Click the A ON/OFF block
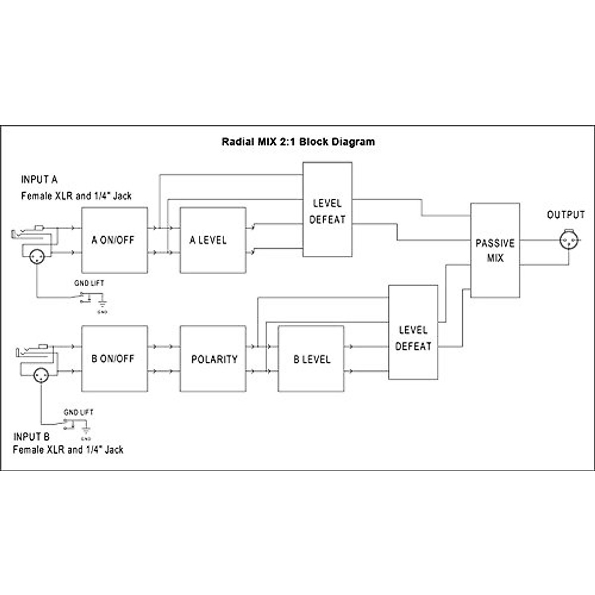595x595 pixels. pos(114,240)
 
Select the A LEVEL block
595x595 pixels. pos(212,240)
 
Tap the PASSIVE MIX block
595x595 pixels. pos(495,250)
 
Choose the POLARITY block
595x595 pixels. pos(213,358)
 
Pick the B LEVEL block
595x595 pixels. pos(311,358)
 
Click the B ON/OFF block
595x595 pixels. pos(114,358)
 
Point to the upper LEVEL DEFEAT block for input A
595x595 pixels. pos(327,210)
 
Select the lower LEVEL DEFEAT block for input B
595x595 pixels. pos(413,333)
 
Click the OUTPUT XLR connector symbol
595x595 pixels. pos(567,241)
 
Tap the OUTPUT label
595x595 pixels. pos(566,215)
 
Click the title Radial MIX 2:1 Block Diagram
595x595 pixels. pos(298,142)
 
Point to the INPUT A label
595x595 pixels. pos(39,179)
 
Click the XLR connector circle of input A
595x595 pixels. pos(37,256)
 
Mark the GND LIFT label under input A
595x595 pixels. pos(89,283)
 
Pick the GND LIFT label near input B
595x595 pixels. pos(78,412)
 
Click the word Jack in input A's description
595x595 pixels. pos(122,196)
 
